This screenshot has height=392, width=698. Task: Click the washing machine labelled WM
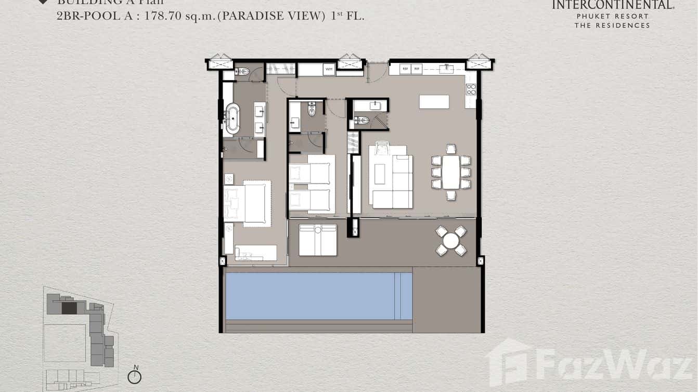pos(329,69)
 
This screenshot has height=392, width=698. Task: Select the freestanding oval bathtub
pos(232,119)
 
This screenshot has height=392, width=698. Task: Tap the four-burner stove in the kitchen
pos(471,89)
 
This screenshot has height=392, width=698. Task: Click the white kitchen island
pos(434,102)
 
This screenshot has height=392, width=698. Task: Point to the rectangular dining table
pos(451,173)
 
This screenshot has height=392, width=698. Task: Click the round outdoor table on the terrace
pos(451,241)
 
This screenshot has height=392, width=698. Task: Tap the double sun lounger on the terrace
pos(318,240)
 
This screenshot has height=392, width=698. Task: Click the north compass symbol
pos(135,376)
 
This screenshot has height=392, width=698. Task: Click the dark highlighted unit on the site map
pos(69,308)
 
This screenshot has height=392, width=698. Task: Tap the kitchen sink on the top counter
pos(446,69)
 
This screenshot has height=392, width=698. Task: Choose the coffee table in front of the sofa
pos(380,174)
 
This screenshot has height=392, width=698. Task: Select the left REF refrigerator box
pos(405,69)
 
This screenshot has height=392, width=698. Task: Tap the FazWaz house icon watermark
pos(508,362)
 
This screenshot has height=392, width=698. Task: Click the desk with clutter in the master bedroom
pos(255,253)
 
